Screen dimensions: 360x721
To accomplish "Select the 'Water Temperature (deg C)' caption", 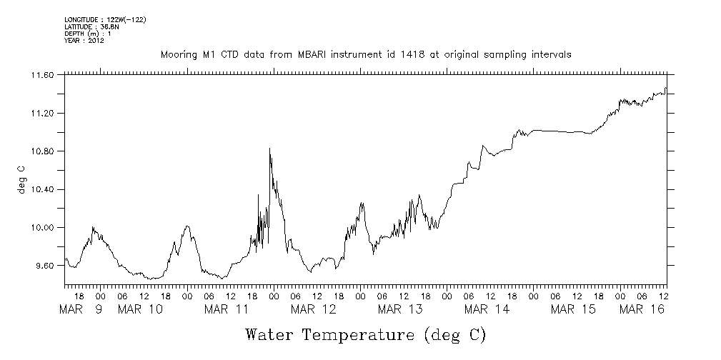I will [x=367, y=334].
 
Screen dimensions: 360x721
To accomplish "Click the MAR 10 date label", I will [x=140, y=309].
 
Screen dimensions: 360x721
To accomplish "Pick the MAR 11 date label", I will [x=227, y=309].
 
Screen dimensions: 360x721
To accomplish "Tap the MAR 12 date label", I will [x=313, y=309].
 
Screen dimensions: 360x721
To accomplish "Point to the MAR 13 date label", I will [x=400, y=309].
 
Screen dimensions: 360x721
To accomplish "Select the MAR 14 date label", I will [x=487, y=309].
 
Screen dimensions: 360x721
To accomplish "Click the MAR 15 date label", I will [x=573, y=309].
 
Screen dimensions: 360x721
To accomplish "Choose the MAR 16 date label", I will [x=642, y=309].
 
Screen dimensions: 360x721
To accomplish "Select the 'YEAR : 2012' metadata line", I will [x=84, y=41].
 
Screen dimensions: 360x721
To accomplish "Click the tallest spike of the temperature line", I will [x=269, y=149].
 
